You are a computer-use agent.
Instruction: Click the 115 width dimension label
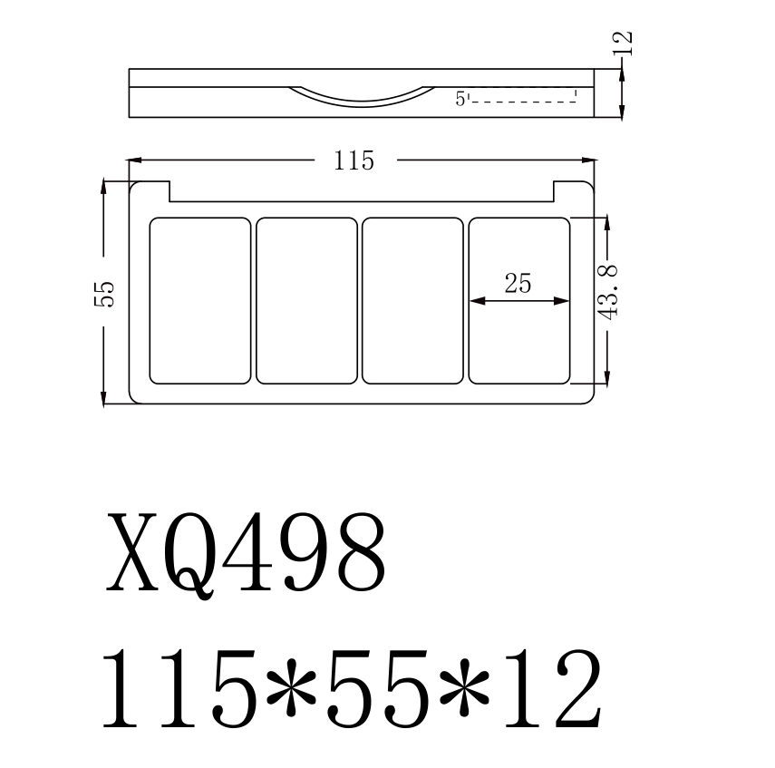pyautogui.click(x=354, y=161)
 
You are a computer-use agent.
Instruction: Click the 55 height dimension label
pyautogui.click(x=105, y=293)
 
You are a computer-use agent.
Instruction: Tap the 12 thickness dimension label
pyautogui.click(x=623, y=43)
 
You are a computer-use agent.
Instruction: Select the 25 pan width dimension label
pyautogui.click(x=518, y=283)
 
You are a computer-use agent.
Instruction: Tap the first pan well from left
pyautogui.click(x=199, y=300)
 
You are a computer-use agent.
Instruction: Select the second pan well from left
pyautogui.click(x=306, y=300)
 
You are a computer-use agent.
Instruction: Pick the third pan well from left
pyautogui.click(x=412, y=300)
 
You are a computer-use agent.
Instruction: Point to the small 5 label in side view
pyautogui.click(x=460, y=99)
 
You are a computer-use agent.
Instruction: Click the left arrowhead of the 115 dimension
pyautogui.click(x=135, y=161)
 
